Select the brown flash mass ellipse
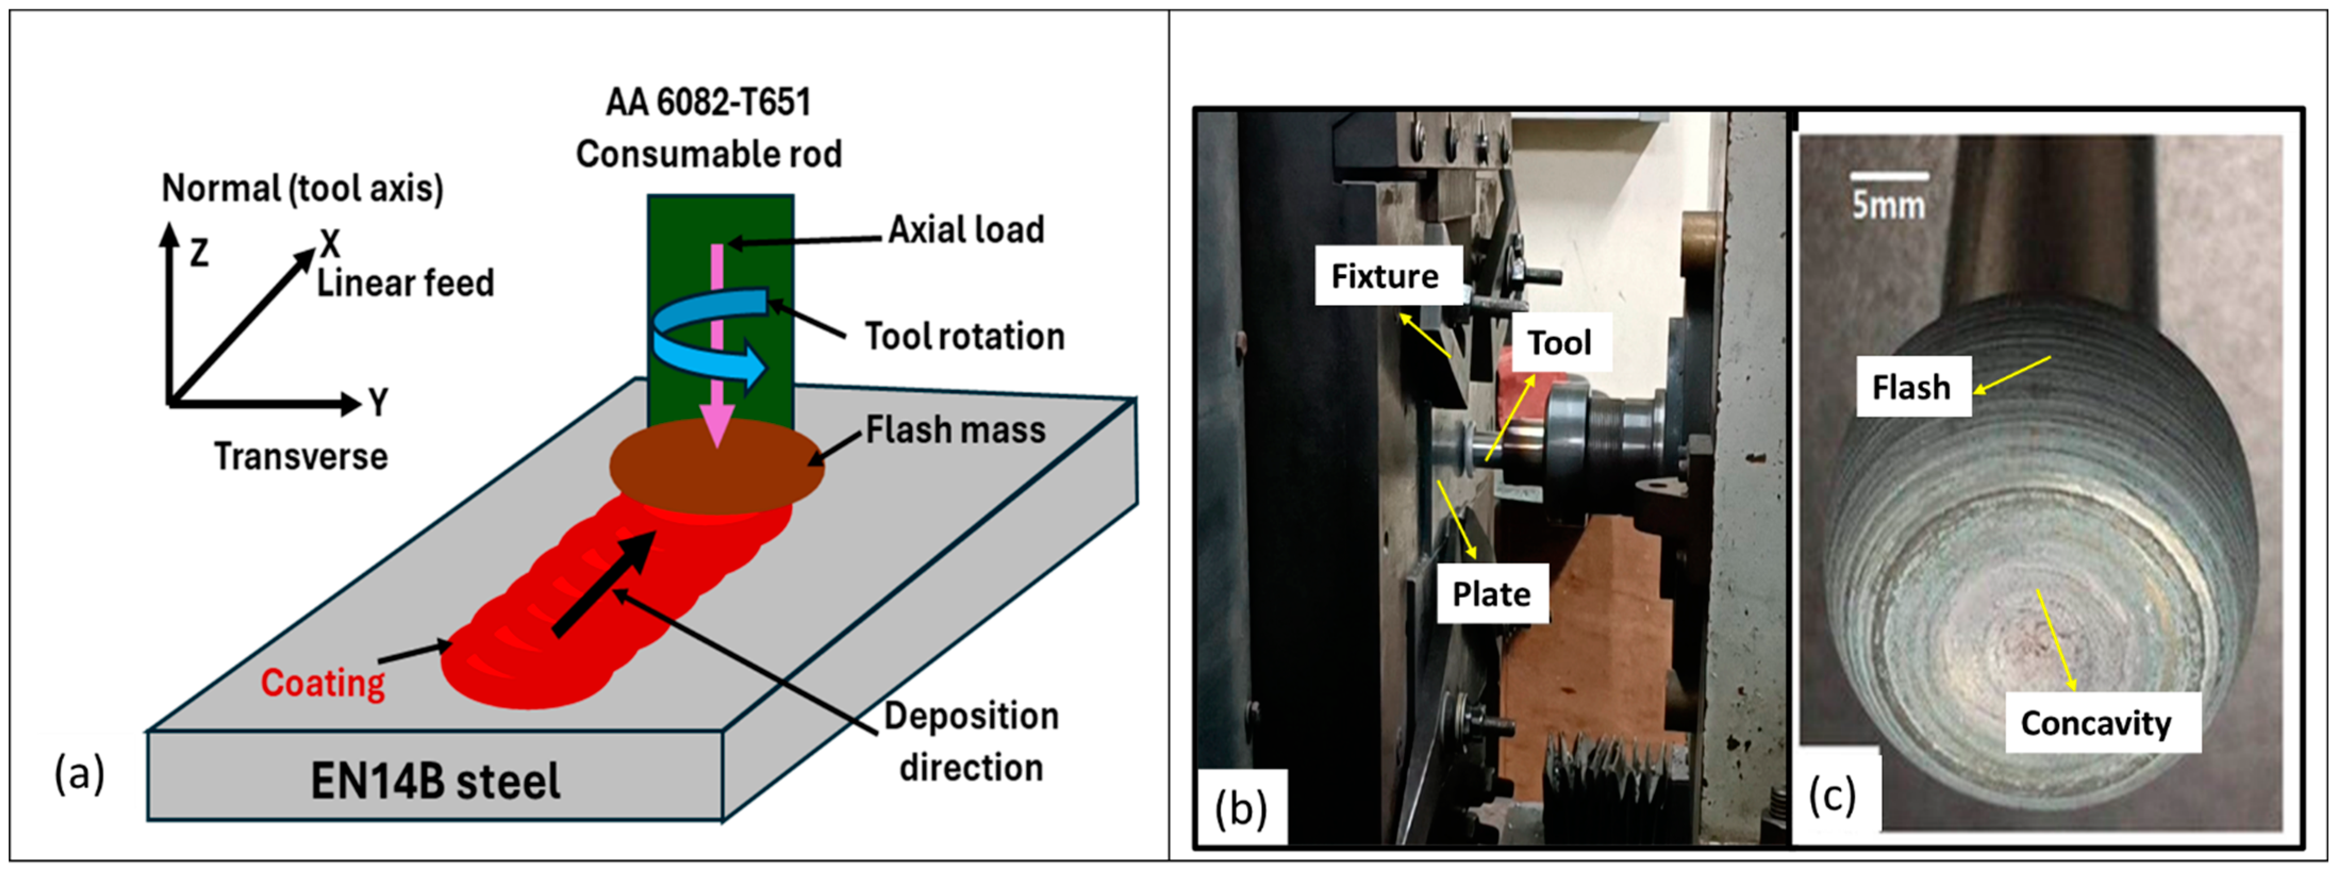717,467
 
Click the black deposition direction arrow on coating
604,584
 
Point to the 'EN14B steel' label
435,781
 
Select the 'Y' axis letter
379,401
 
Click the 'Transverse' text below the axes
301,456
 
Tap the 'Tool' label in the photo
1559,343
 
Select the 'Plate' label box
1492,593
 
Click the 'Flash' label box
1912,387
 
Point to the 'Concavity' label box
2096,723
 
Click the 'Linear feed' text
405,284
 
